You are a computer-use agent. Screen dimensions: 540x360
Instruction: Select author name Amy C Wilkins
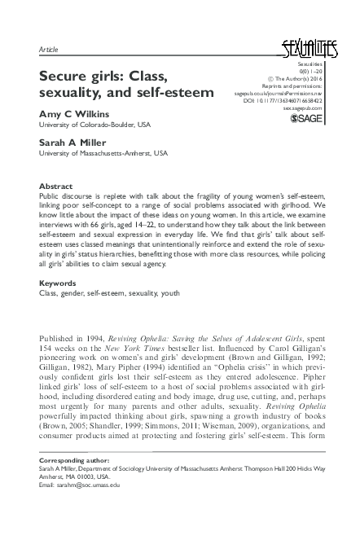pyautogui.click(x=73, y=114)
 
